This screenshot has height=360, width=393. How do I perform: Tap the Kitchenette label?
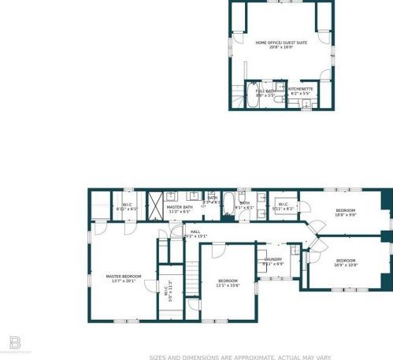pos(300,91)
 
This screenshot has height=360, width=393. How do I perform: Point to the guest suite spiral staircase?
pos(235,102)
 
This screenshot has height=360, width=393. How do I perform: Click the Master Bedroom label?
pos(124,277)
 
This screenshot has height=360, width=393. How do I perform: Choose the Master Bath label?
pos(179,209)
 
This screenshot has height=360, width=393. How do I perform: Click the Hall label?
pos(195,233)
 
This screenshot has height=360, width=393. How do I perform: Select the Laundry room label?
pos(273,261)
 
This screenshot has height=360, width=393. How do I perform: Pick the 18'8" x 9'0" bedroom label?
pos(346,212)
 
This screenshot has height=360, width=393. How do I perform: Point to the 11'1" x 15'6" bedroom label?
pos(228,283)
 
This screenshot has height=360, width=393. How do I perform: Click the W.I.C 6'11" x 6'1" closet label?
pos(127,207)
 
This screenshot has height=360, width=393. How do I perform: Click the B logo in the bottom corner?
pos(13,343)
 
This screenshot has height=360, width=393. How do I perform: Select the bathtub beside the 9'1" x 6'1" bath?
pos(228,202)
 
